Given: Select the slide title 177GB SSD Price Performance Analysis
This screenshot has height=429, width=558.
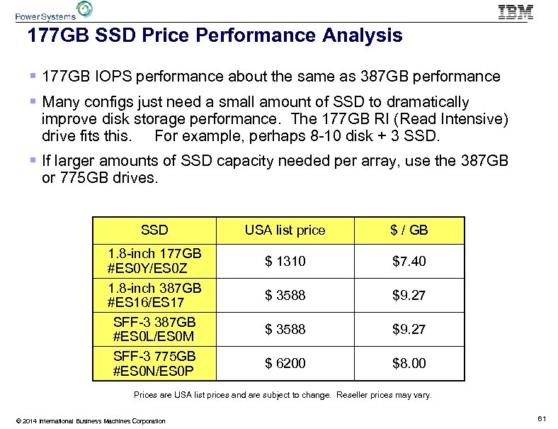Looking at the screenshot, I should pos(214,35).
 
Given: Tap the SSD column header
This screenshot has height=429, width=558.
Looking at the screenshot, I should pos(154,230).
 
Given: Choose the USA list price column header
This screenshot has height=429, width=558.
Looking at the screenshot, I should pos(285,230).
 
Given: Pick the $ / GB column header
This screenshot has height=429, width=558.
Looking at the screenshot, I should pos(409,230).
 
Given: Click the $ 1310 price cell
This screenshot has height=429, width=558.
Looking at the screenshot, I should pos(285,262).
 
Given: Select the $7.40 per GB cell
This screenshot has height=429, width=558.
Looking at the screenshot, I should pos(409,262).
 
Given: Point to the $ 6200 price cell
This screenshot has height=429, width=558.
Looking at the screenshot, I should pos(285,363).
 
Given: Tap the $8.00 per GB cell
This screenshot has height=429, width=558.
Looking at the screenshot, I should pos(409,363).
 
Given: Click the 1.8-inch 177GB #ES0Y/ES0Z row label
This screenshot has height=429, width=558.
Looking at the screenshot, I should pos(154,261).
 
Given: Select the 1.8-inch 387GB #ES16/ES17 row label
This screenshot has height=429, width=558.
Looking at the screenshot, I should pos(154,295).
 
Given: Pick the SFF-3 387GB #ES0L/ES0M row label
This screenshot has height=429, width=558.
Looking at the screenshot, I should pos(154,329).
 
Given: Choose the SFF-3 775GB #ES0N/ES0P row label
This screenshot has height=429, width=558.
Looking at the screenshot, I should pos(154,363).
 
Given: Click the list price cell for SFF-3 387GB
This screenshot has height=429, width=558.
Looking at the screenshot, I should pos(285,329).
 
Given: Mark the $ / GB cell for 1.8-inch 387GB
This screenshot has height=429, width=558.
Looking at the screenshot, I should pos(409,295).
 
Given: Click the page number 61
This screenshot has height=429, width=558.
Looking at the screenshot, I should pos(542,420).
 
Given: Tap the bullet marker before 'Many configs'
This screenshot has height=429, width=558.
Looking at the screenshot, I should pos(35,102).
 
